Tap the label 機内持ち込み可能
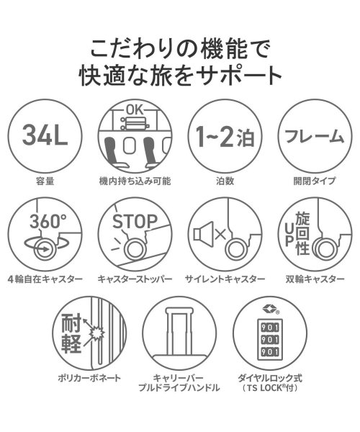click(136, 182)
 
